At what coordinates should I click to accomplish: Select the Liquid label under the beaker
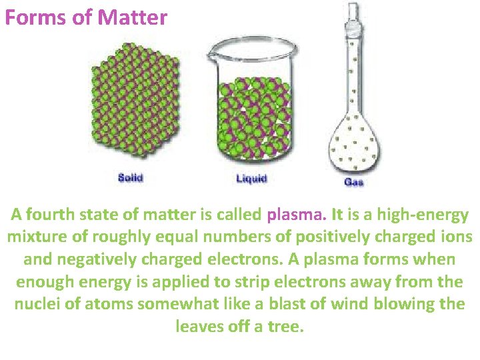tap(251, 178)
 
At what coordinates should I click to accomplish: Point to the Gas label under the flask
tap(354, 181)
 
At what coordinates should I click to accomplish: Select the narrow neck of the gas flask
tap(353, 73)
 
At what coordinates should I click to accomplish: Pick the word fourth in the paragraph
tap(53, 215)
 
